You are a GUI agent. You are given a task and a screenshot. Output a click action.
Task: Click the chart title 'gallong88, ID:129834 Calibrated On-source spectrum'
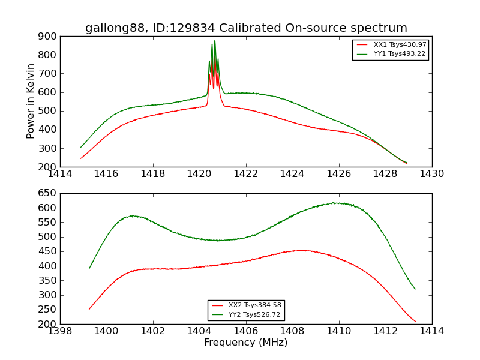[x=246, y=28]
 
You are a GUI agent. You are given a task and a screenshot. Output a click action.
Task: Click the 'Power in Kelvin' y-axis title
[x=31, y=101]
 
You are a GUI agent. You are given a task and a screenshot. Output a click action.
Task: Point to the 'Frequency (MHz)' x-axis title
[x=245, y=343]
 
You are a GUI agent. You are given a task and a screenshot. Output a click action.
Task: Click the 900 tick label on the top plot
[x=47, y=37]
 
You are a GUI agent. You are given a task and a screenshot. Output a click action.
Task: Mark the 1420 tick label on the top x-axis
[x=199, y=174]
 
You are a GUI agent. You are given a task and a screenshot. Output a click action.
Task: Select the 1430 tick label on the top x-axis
[x=431, y=174]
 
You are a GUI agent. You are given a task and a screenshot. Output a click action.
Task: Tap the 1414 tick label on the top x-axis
[x=60, y=174]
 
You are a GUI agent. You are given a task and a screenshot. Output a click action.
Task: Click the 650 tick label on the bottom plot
[x=47, y=194]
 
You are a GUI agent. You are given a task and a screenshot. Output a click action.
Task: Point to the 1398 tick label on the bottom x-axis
[x=60, y=331]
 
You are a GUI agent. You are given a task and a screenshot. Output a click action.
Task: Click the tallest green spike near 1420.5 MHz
[x=215, y=41]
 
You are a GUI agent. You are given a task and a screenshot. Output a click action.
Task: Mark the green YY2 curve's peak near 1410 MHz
[x=336, y=203]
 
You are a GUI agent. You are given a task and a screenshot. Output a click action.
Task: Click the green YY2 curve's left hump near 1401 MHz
[x=132, y=215]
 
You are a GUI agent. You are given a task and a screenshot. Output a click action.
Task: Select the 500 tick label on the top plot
[x=47, y=112]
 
